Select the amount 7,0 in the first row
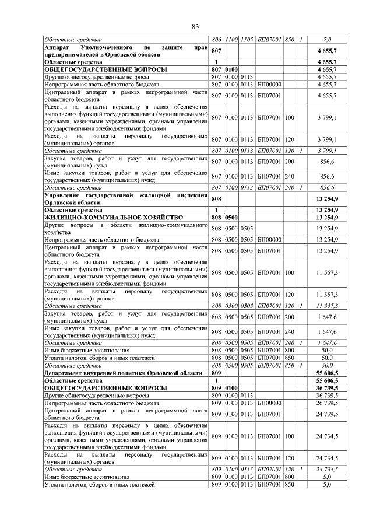327,40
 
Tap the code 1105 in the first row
247,40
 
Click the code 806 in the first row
217,40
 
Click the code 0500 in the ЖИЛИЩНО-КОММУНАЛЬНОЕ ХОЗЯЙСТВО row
232,218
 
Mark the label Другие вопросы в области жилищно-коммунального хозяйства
126,228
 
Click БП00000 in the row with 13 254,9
270,240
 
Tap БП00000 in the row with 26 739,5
270,403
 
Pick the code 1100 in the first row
232,40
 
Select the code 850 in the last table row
290,484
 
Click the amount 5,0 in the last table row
327,484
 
